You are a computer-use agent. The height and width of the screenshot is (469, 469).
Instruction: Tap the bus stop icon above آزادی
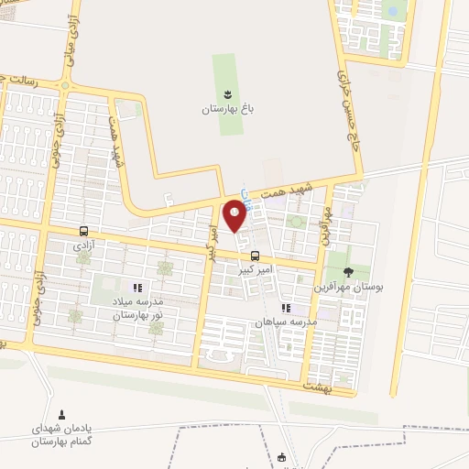[x=84, y=231]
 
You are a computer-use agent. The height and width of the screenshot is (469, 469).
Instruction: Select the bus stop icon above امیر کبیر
[x=255, y=256]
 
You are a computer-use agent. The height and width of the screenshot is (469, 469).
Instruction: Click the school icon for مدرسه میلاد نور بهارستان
[x=137, y=288]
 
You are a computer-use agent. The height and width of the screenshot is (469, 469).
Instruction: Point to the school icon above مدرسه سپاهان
[x=285, y=309]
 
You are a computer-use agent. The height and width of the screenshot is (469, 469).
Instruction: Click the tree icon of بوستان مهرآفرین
[x=348, y=271]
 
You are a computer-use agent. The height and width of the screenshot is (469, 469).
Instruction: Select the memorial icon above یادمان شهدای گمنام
[x=62, y=415]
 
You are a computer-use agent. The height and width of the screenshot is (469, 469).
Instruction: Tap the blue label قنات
[x=245, y=196]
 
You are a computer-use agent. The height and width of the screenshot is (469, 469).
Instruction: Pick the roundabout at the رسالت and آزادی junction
[x=65, y=87]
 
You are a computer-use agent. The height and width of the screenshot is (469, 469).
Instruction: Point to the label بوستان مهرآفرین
[x=349, y=287]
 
